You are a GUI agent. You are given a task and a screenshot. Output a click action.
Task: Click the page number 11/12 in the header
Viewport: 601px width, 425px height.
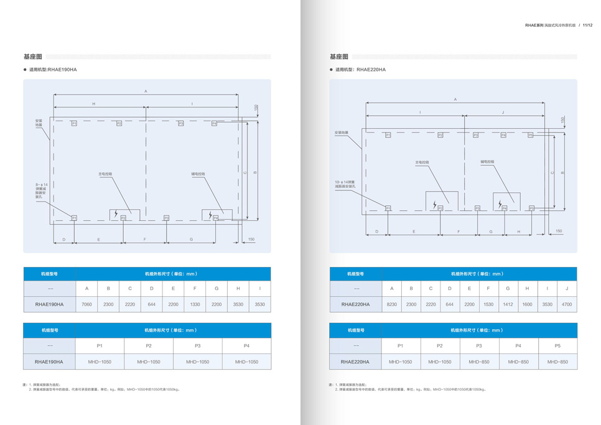coord(587,26)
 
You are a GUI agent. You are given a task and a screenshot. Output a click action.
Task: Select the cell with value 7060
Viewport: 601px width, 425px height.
coord(86,304)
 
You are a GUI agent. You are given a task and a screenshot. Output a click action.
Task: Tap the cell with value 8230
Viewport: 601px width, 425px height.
coord(392,304)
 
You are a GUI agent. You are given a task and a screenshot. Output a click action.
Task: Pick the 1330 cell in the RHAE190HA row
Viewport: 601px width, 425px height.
coord(195,304)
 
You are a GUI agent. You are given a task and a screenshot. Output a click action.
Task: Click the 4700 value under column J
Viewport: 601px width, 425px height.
coord(567,304)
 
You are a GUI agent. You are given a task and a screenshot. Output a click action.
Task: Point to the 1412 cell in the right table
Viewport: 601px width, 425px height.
coord(508,304)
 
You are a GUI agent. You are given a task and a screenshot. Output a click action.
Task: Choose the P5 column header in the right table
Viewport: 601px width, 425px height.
coord(557,345)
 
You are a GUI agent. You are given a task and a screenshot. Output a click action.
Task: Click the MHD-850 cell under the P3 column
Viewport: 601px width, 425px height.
coord(479,362)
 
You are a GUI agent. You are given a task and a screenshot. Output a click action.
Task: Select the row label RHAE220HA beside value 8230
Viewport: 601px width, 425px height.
coord(356,304)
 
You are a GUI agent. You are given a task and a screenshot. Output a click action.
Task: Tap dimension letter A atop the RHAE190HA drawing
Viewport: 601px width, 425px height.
coord(146,91)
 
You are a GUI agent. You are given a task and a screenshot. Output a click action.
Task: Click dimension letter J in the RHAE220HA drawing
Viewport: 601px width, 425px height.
coord(503,113)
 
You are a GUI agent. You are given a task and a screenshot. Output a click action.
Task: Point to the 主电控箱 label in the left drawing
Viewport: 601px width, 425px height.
coord(105,174)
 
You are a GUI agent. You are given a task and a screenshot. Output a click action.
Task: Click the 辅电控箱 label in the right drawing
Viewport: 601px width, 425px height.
coord(487,162)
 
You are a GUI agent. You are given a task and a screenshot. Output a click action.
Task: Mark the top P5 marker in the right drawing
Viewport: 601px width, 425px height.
coord(531,135)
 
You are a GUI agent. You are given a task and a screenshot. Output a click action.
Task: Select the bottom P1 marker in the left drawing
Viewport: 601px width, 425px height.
coord(74,218)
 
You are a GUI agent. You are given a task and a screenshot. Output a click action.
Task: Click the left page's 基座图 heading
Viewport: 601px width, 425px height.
coord(32,57)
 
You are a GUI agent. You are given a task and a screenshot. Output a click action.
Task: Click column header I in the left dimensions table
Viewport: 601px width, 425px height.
coord(259,289)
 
